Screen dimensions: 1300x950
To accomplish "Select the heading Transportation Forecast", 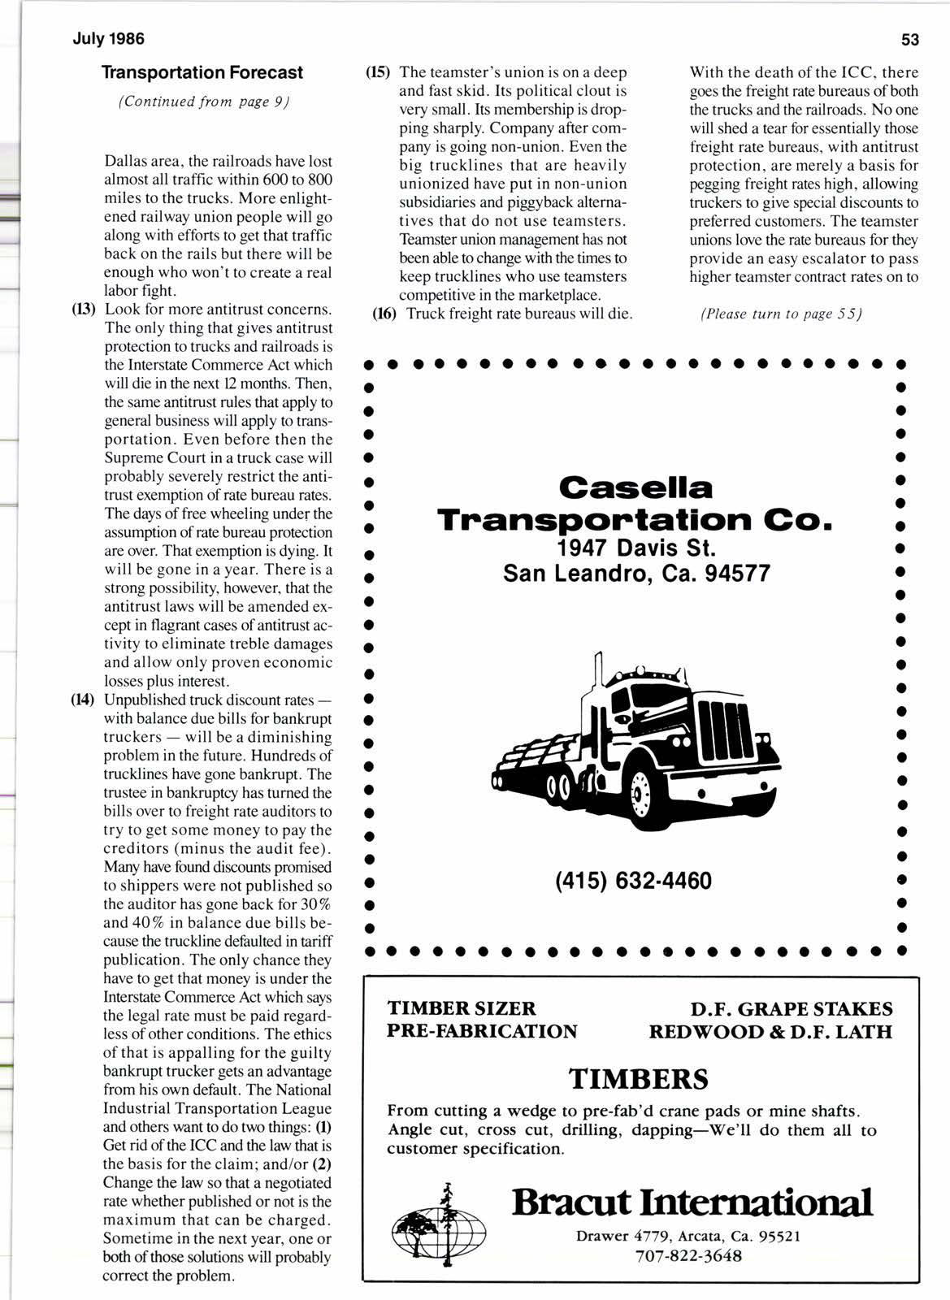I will [x=202, y=73].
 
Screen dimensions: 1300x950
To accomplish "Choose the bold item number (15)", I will [x=376, y=72].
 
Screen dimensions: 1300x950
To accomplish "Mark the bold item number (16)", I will [x=383, y=313].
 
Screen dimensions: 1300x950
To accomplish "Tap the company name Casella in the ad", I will [x=636, y=487].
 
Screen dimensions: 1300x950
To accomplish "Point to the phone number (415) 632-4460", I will [x=633, y=881].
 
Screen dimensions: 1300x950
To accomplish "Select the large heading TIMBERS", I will [x=638, y=1079].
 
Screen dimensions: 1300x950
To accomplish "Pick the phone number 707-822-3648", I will [x=688, y=1256].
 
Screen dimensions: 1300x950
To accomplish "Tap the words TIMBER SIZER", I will [x=462, y=1008].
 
